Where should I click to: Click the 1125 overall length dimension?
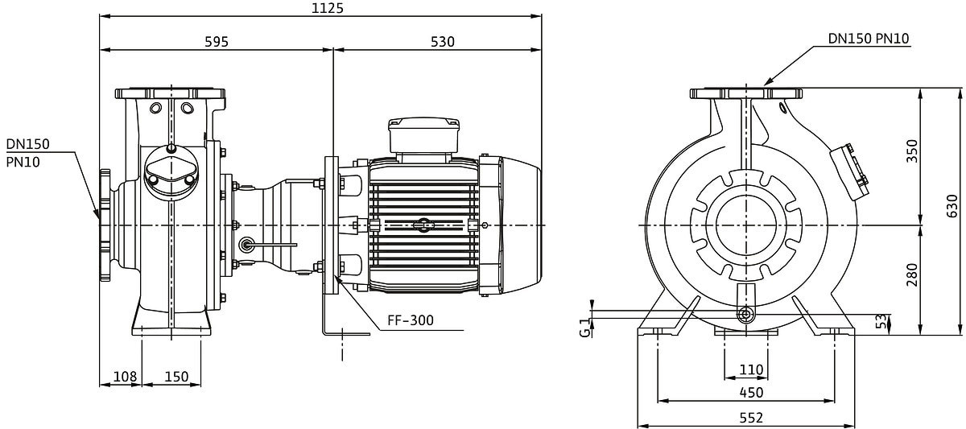click(x=328, y=8)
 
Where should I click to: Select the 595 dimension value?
click(x=217, y=42)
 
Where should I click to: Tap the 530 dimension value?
click(x=443, y=42)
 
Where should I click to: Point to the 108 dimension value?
click(x=125, y=377)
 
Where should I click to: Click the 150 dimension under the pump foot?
click(x=177, y=377)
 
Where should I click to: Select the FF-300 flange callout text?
click(x=410, y=320)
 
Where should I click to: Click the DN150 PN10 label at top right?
click(x=869, y=39)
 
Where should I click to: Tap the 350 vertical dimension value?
click(x=911, y=151)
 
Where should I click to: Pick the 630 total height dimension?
click(x=952, y=206)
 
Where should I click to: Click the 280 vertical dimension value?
click(x=911, y=274)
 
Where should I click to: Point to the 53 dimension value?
click(x=882, y=321)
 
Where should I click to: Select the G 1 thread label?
click(x=584, y=328)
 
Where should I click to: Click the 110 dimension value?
click(x=751, y=369)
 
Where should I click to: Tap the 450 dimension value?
click(x=751, y=392)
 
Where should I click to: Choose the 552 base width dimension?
click(x=751, y=418)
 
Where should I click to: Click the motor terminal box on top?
click(x=423, y=135)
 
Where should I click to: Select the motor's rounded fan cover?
click(x=521, y=225)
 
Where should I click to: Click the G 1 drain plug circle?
click(x=745, y=314)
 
